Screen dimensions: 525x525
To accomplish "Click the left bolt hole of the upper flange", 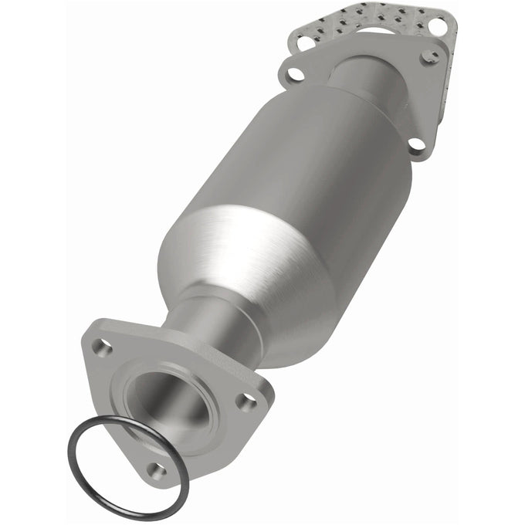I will point(294,75).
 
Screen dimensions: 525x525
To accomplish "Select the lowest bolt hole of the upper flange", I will point(414,144).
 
